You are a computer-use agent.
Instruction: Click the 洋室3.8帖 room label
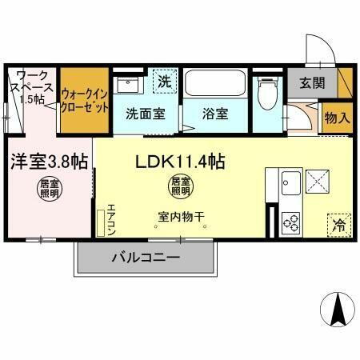pyautogui.click(x=48, y=162)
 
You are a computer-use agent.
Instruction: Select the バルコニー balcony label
pyautogui.click(x=145, y=258)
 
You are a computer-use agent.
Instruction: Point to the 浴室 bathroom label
pyautogui.click(x=215, y=114)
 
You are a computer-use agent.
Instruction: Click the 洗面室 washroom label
pyautogui.click(x=146, y=114)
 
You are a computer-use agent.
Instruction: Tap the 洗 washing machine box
pyautogui.click(x=164, y=81)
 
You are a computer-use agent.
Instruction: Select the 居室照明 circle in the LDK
pyautogui.click(x=179, y=186)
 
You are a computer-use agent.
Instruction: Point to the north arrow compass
pyautogui.click(x=336, y=308)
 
